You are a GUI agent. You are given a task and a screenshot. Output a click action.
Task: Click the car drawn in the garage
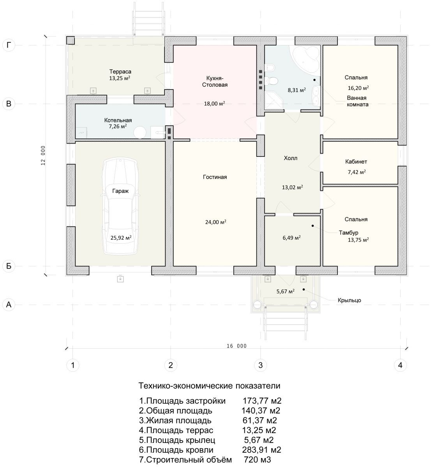(x=120, y=207)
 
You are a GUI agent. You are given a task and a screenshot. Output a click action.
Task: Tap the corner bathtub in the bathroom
(x=305, y=59)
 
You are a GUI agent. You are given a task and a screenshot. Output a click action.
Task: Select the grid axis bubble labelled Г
(x=9, y=45)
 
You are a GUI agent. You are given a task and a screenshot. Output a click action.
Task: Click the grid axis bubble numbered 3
(x=260, y=365)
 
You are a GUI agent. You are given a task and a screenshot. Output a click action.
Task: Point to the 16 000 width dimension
(x=237, y=346)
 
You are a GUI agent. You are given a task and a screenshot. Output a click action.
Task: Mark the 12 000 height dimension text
(x=43, y=156)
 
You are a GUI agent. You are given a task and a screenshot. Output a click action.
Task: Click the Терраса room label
(x=120, y=72)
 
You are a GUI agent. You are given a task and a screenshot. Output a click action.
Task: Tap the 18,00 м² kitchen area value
(x=214, y=104)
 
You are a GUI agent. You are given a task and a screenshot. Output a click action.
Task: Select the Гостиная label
(x=215, y=177)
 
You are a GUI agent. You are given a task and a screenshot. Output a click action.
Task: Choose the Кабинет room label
(x=356, y=162)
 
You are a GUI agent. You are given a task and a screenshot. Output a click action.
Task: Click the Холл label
(x=290, y=158)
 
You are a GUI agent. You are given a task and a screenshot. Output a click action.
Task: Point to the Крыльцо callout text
(x=349, y=300)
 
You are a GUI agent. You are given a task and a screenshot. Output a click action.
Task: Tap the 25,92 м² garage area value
(x=121, y=238)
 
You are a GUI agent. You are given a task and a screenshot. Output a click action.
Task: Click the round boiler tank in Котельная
(x=140, y=132)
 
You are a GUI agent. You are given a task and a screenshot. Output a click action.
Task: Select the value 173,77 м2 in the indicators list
(x=262, y=401)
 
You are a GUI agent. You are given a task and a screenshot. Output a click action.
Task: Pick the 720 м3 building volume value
(x=258, y=460)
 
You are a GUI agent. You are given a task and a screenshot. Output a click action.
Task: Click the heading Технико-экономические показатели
(x=209, y=386)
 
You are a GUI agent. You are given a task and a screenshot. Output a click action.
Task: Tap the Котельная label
(x=118, y=120)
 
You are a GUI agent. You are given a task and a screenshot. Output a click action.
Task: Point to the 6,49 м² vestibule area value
(x=291, y=238)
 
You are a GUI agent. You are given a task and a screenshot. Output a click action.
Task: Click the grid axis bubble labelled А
(x=9, y=304)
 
